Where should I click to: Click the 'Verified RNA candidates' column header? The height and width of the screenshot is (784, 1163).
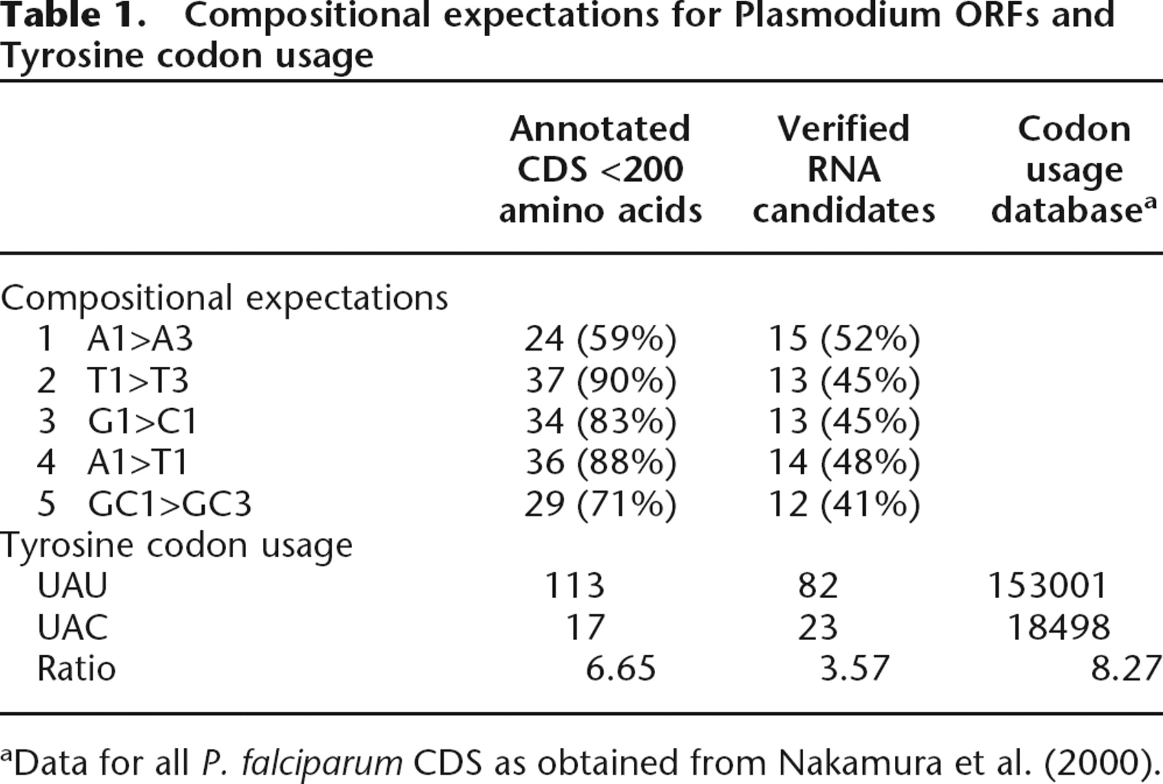[844, 169]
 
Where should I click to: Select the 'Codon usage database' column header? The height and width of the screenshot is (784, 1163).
[1074, 169]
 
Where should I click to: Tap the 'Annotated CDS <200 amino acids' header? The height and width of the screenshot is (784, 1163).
[600, 169]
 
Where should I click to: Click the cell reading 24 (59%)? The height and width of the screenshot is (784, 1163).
[600, 338]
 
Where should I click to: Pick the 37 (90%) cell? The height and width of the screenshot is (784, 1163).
[600, 380]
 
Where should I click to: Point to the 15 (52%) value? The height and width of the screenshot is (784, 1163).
[844, 338]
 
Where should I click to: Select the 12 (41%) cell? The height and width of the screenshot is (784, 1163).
[844, 504]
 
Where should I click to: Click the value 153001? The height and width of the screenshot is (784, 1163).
[1047, 586]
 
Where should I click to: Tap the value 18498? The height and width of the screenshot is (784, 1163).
[1058, 627]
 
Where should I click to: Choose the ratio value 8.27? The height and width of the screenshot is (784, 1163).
[1126, 668]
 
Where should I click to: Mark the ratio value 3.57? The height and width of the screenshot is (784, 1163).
[854, 668]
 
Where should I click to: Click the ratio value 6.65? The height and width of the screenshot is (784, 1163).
[620, 668]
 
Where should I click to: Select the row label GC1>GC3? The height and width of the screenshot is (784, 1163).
[169, 504]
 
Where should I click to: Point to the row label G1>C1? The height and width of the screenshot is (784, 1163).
[142, 421]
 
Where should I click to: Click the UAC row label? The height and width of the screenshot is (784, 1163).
[72, 627]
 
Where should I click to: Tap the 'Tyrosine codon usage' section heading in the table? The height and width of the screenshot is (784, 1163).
[176, 546]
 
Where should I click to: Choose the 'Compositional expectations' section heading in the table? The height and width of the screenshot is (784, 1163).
[224, 298]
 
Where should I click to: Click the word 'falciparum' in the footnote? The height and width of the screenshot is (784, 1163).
[301, 763]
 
